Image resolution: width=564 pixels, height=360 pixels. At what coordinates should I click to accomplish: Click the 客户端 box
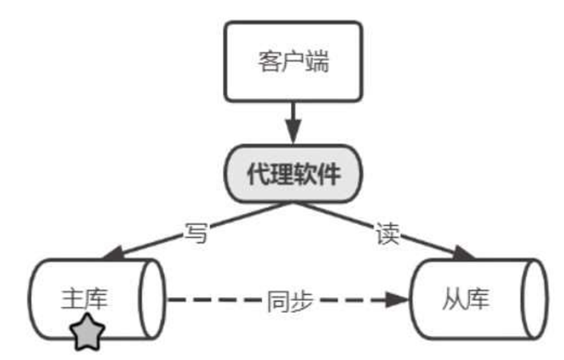click(x=294, y=62)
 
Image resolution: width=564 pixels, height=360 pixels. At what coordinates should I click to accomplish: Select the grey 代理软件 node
click(x=294, y=174)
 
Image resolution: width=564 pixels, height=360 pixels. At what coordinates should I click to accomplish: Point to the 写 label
click(x=197, y=233)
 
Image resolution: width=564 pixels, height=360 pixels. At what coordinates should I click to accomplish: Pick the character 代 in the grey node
click(x=258, y=175)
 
